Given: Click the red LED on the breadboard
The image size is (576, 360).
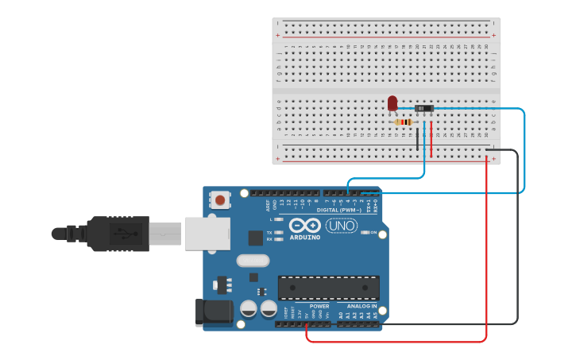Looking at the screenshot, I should pyautogui.click(x=392, y=103).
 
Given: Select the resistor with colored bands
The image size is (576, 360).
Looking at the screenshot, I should pyautogui.click(x=404, y=122).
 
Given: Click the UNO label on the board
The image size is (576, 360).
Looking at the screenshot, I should pyautogui.click(x=342, y=226).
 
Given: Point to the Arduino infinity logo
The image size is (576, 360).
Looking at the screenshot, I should pyautogui.click(x=304, y=225).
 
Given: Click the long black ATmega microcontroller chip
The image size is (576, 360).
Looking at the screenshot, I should pyautogui.click(x=328, y=288).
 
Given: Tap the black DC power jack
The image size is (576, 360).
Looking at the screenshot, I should pyautogui.click(x=213, y=312).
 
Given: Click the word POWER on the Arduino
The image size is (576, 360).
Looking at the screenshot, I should pyautogui.click(x=319, y=306).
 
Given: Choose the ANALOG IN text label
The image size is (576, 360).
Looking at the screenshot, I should pyautogui.click(x=361, y=306).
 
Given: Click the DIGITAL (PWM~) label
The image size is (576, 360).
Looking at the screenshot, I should pyautogui.click(x=338, y=210).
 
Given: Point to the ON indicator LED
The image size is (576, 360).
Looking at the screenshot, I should pyautogui.click(x=365, y=232).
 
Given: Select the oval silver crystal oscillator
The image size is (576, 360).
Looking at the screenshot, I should pyautogui.click(x=253, y=260).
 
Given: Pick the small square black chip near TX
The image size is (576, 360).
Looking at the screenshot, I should pyautogui.click(x=255, y=237).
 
